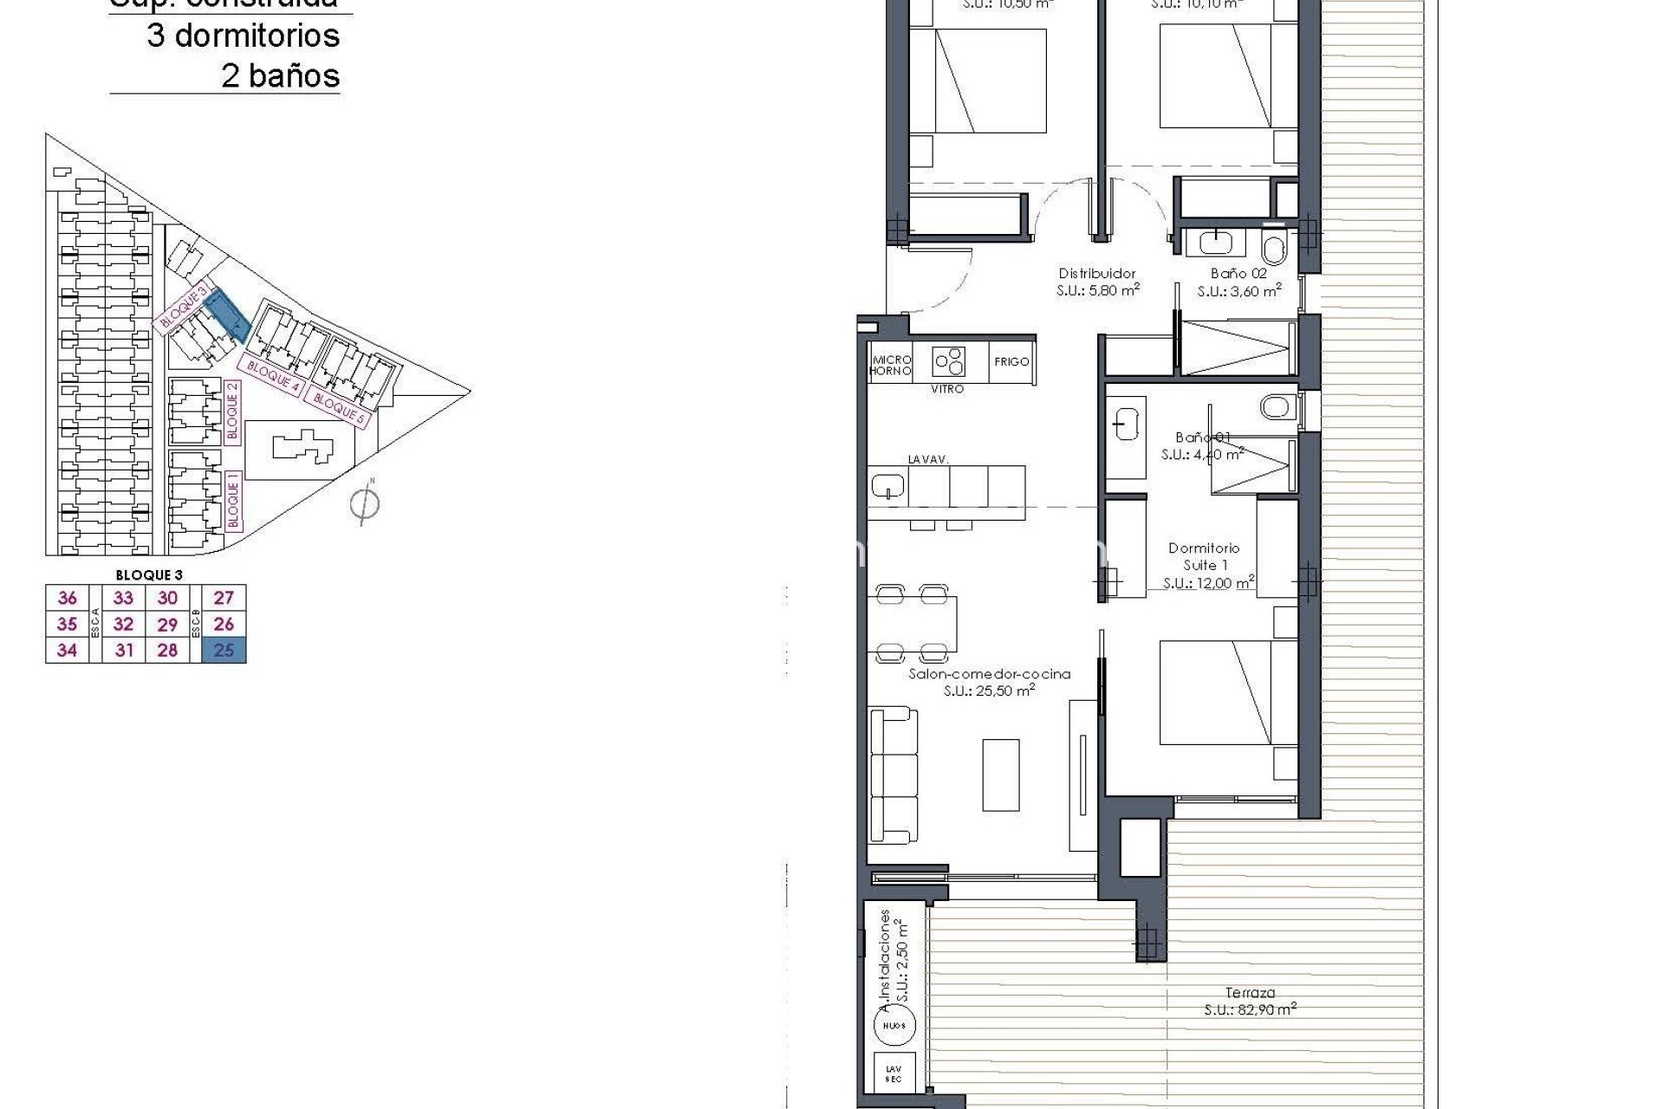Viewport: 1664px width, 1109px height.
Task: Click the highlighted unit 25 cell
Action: [224, 650]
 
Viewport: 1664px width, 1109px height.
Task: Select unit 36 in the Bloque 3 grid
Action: [67, 598]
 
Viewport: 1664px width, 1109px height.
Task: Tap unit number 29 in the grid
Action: [167, 624]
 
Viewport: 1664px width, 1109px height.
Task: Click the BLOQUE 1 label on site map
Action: [232, 501]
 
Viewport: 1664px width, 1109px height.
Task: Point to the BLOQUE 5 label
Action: [337, 406]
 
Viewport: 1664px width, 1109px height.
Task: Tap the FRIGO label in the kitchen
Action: [1011, 361]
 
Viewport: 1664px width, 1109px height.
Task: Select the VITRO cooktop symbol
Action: [948, 361]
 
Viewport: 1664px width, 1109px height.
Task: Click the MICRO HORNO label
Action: [891, 365]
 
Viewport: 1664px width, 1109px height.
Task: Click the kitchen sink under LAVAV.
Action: [888, 486]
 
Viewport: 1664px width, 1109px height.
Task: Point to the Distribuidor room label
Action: [1097, 274]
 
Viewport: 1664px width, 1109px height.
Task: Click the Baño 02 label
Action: [1238, 274]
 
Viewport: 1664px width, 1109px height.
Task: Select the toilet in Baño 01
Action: [1277, 405]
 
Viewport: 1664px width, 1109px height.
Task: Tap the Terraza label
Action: [1250, 993]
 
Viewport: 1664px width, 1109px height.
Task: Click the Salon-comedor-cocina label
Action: [989, 674]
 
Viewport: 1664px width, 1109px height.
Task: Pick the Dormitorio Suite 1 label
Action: [1204, 556]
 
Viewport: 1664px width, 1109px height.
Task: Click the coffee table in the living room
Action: [1001, 774]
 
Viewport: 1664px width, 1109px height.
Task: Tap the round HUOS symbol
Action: [894, 1025]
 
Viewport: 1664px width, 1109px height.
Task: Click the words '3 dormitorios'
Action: [243, 36]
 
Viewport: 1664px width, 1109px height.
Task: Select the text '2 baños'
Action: [280, 76]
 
